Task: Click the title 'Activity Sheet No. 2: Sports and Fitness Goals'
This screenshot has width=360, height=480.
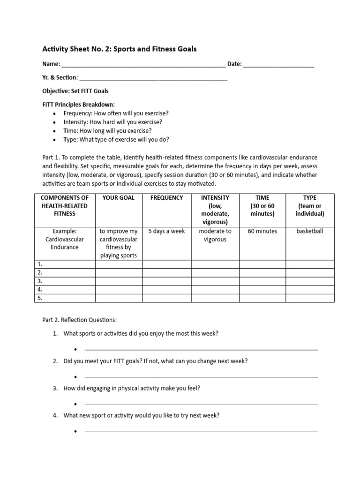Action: pyautogui.click(x=120, y=49)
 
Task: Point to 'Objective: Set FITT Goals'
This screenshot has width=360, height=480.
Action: pyautogui.click(x=75, y=91)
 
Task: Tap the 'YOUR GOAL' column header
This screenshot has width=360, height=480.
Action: pyautogui.click(x=119, y=198)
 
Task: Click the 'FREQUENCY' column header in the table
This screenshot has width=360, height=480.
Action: pyautogui.click(x=166, y=198)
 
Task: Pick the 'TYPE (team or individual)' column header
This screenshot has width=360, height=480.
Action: pyautogui.click(x=310, y=206)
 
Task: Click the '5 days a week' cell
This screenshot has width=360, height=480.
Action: pyautogui.click(x=166, y=231)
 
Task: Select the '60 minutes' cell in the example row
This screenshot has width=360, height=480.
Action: pyautogui.click(x=262, y=231)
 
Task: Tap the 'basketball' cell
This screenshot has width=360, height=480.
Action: pyautogui.click(x=310, y=231)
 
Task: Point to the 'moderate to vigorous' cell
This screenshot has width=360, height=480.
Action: pyautogui.click(x=215, y=235)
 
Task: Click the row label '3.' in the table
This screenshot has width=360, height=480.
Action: pyautogui.click(x=40, y=281)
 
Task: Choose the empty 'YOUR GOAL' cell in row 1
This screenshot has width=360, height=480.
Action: pyautogui.click(x=119, y=264)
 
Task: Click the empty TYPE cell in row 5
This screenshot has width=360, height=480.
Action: pyautogui.click(x=310, y=298)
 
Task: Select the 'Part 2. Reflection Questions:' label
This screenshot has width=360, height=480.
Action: pyautogui.click(x=79, y=320)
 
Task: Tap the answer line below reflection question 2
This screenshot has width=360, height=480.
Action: pyautogui.click(x=201, y=377)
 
